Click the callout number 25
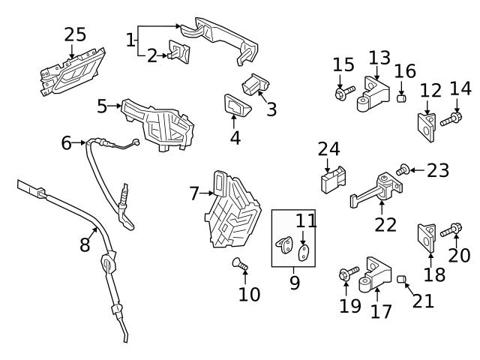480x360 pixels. tap(75, 34)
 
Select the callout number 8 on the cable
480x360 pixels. tap(85, 244)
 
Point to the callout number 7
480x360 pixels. tap(195, 194)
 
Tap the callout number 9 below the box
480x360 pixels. tap(294, 282)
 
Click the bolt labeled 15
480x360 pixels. tap(342, 94)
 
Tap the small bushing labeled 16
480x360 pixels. tap(401, 97)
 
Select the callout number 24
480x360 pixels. tap(328, 149)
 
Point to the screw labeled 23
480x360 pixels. tap(403, 171)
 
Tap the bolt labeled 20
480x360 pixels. tap(453, 230)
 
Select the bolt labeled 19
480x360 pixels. tap(345, 275)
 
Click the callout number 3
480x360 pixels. tap(271, 109)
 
